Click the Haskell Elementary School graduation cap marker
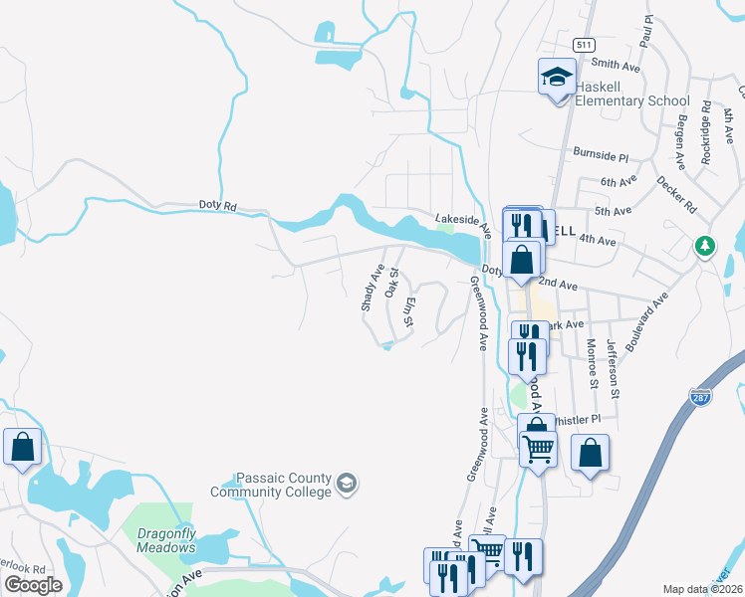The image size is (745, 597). coord(558,76)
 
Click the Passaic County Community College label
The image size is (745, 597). coord(271,485)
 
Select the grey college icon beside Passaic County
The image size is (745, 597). coord(346,484)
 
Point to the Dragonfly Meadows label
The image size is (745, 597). coord(166,540)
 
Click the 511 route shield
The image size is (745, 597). coord(585,45)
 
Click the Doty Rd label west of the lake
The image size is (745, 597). coord(216,206)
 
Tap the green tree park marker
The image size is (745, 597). coord(705,245)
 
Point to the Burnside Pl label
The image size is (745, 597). coord(601,155)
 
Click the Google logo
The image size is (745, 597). coord(34,585)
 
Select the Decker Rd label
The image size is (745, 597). coord(676,194)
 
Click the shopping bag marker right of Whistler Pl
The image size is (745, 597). coord(591,454)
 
